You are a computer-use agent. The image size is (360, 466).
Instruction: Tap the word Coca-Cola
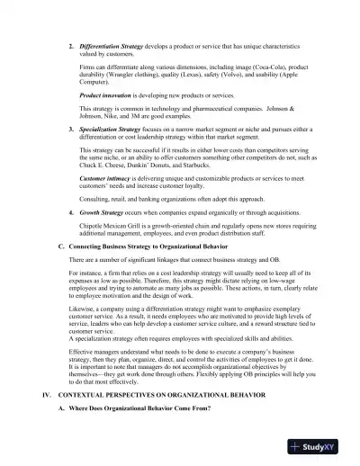click(268, 66)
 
